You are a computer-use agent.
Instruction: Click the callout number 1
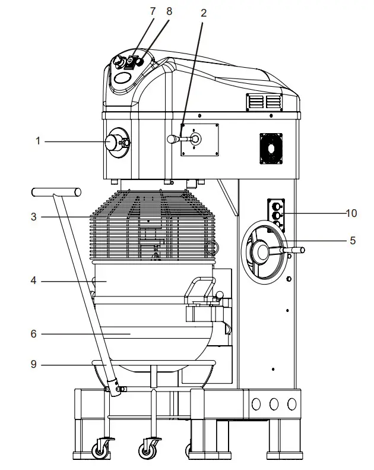[x=37, y=141]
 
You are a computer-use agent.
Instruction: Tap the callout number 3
[x=34, y=217]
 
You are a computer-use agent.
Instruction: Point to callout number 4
[x=34, y=280]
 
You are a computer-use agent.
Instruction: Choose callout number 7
[x=154, y=11]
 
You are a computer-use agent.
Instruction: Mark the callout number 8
[x=170, y=11]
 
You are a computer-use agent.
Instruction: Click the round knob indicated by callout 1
[x=113, y=142]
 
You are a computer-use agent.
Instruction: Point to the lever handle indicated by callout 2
[x=173, y=139]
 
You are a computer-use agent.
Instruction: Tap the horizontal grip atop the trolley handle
[x=56, y=191]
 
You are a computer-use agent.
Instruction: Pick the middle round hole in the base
[x=274, y=404]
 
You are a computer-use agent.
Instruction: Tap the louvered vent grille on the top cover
[x=264, y=102]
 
